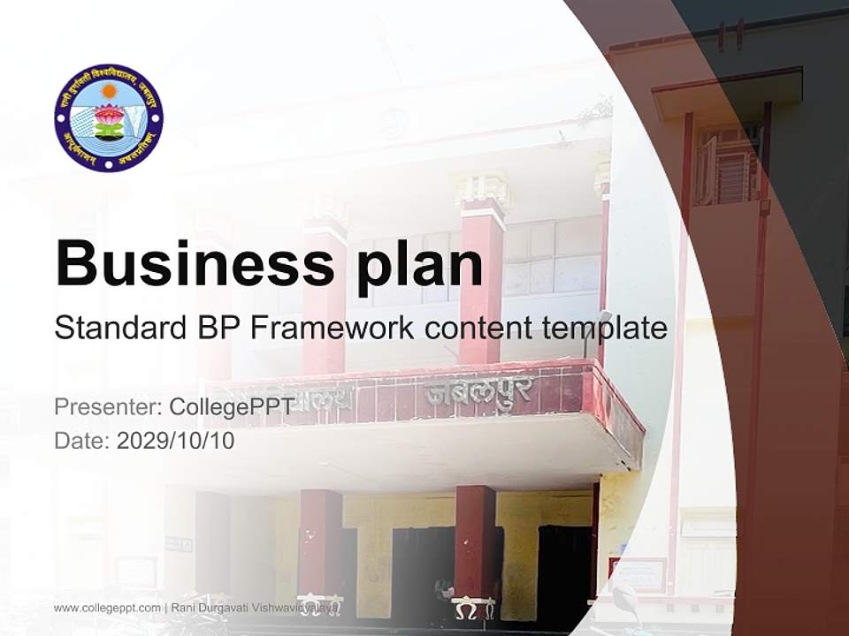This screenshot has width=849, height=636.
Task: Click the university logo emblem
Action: click(109, 117)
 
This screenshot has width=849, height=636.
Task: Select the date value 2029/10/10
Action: click(176, 441)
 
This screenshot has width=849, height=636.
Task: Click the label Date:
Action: click(82, 441)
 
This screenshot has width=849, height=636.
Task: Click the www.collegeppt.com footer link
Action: click(107, 608)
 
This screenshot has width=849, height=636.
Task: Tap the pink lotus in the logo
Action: click(109, 115)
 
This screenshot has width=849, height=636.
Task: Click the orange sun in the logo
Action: click(109, 91)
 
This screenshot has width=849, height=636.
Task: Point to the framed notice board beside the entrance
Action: click(637, 575)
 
